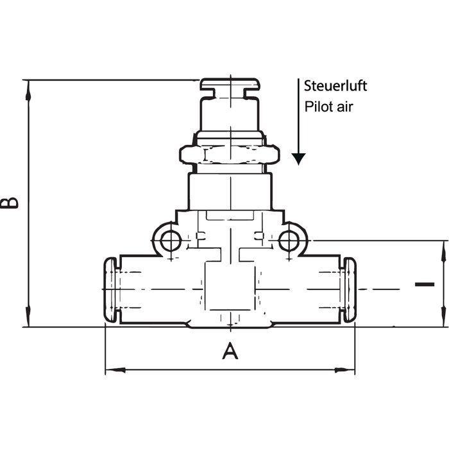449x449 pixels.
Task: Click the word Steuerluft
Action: click(335, 86)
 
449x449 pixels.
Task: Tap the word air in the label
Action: click(345, 107)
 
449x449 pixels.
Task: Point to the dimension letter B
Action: click(10, 203)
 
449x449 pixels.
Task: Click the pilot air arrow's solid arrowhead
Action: click(298, 159)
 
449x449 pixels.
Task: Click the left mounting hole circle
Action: click(171, 241)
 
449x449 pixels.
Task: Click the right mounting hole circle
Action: click(289, 241)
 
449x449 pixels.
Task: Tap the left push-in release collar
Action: click(110, 290)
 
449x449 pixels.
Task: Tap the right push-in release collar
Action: click(350, 290)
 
